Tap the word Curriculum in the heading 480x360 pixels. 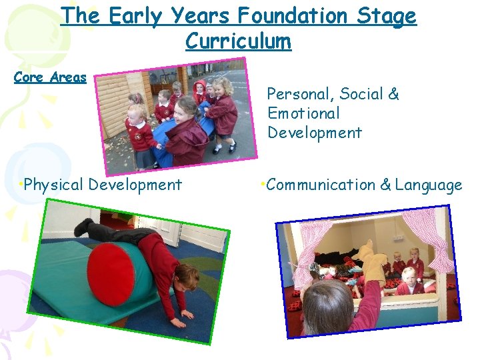[238, 41]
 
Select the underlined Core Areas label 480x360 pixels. [51, 77]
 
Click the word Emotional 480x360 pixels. [303, 113]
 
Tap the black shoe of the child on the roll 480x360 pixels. [83, 227]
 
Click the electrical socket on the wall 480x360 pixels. [398, 237]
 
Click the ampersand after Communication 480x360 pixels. [385, 185]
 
